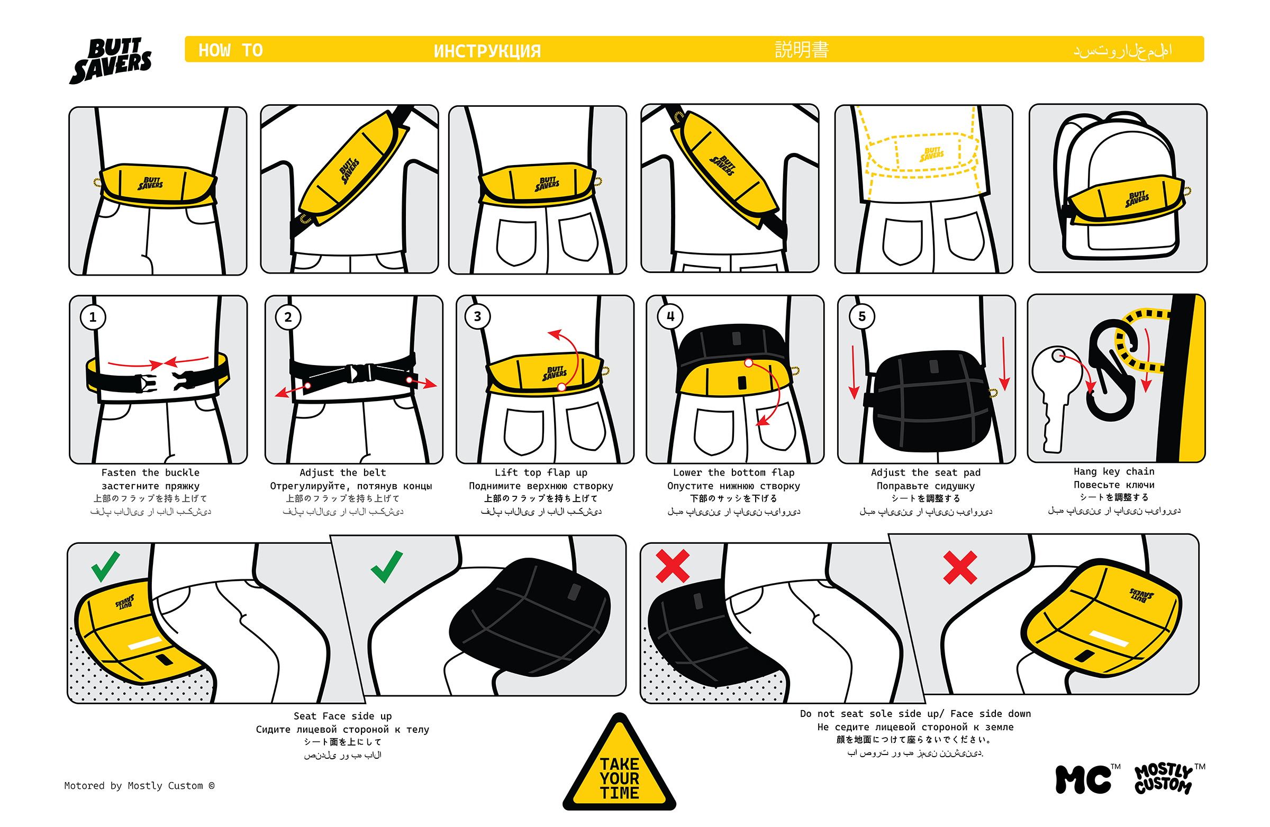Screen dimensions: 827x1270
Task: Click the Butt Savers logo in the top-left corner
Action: (x=111, y=60)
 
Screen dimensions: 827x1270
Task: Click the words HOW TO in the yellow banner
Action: (x=231, y=50)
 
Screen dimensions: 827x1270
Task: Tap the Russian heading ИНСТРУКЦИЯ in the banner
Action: (x=487, y=51)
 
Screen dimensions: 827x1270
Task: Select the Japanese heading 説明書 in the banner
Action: (x=802, y=50)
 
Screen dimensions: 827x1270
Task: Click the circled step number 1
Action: (x=93, y=317)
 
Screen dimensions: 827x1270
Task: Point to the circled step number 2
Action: (x=288, y=317)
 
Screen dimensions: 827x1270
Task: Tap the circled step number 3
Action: (x=478, y=316)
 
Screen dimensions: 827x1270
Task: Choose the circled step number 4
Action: (x=670, y=316)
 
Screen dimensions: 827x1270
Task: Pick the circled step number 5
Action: (x=862, y=316)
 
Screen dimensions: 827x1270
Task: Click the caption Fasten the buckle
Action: (x=150, y=472)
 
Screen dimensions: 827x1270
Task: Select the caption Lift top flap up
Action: (x=541, y=472)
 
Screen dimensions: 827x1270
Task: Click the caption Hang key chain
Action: (x=1114, y=471)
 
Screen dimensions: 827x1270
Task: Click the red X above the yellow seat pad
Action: (x=960, y=567)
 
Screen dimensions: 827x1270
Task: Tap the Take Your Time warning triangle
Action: (x=619, y=768)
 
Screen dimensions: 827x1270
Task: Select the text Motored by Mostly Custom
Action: (x=139, y=785)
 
